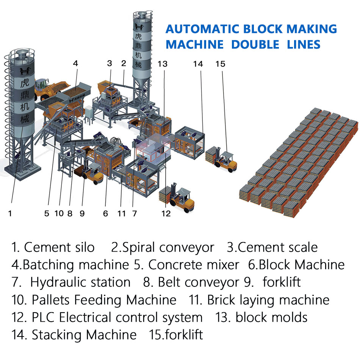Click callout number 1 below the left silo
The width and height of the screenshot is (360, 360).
click(10, 214)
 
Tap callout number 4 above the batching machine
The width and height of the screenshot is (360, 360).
click(76, 64)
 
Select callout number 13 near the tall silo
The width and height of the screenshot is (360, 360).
click(163, 64)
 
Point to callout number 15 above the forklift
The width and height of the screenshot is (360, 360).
click(220, 64)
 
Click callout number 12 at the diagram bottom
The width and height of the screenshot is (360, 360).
click(166, 214)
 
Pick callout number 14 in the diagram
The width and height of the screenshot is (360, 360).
click(198, 64)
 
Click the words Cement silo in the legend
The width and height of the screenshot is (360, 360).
click(59, 247)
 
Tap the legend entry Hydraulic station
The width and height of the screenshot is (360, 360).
click(80, 282)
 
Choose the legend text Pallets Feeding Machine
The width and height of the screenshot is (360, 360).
click(104, 300)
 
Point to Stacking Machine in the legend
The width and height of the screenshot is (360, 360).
click(84, 335)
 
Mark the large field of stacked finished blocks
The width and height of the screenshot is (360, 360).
click(299, 159)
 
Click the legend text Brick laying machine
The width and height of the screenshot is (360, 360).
click(268, 300)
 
